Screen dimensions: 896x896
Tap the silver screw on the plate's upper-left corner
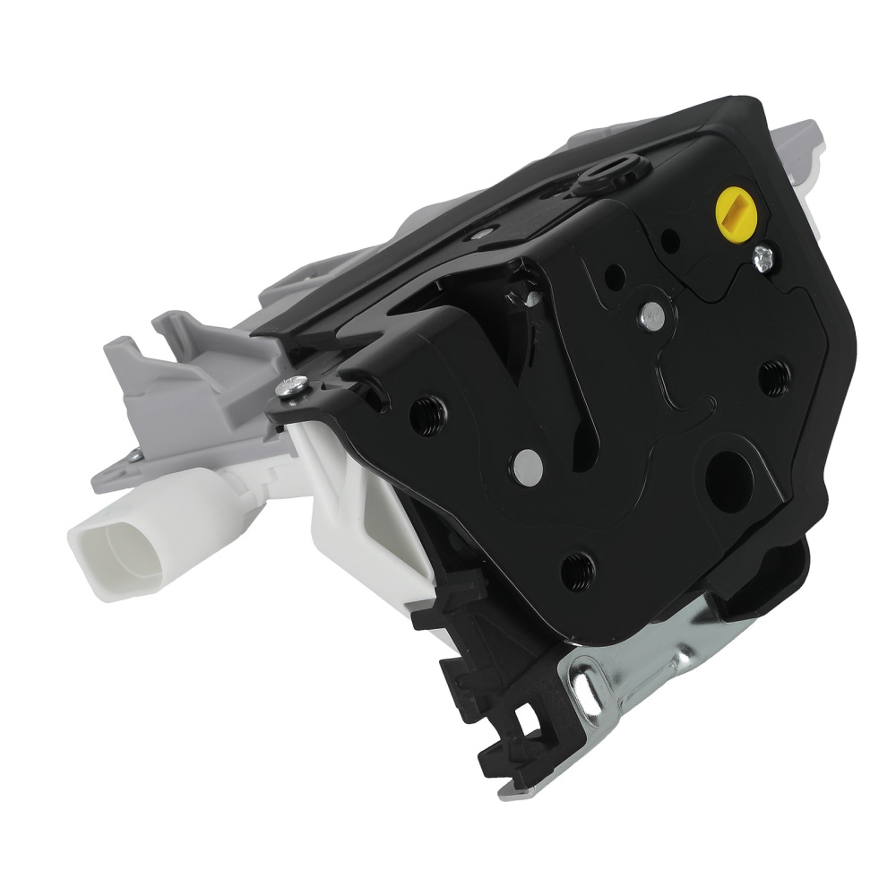click(x=290, y=386)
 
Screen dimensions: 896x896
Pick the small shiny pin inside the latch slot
click(x=530, y=299)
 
